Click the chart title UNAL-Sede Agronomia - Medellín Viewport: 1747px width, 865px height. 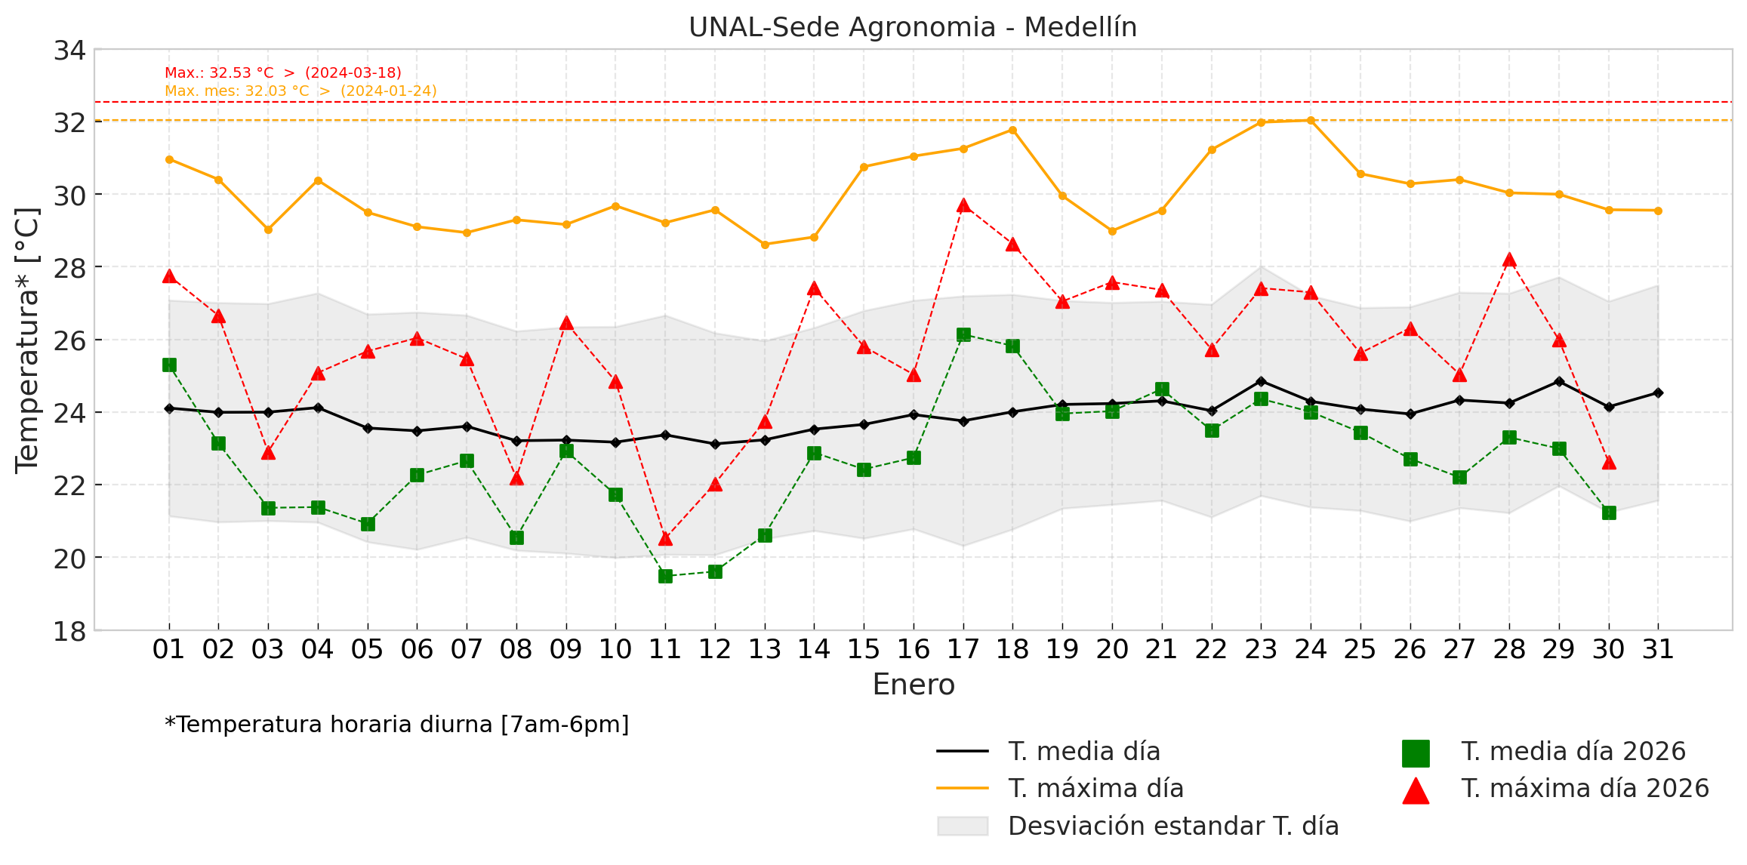pos(912,27)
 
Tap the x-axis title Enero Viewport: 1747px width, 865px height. pos(914,685)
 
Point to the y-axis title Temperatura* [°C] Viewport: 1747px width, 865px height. pos(27,340)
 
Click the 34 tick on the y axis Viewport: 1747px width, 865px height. pos(69,51)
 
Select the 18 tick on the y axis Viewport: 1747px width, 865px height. pos(69,631)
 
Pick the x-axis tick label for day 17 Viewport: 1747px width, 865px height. pos(963,649)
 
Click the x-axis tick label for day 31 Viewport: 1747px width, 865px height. pos(1658,649)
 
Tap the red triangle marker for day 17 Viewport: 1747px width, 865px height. pos(963,205)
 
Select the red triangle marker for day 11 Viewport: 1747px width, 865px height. pos(665,538)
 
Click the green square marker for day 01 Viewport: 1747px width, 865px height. pos(169,365)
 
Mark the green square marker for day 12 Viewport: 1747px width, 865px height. pos(715,571)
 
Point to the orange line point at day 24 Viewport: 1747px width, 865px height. pos(1311,120)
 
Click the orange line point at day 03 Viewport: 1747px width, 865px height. pos(268,229)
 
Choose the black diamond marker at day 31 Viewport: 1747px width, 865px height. pos(1658,392)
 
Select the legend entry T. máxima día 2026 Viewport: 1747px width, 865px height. pos(1585,788)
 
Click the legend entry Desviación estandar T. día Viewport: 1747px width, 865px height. pos(1173,826)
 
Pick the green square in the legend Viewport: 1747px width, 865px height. pos(1416,753)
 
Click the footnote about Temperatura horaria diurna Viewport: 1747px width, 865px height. pos(397,725)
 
